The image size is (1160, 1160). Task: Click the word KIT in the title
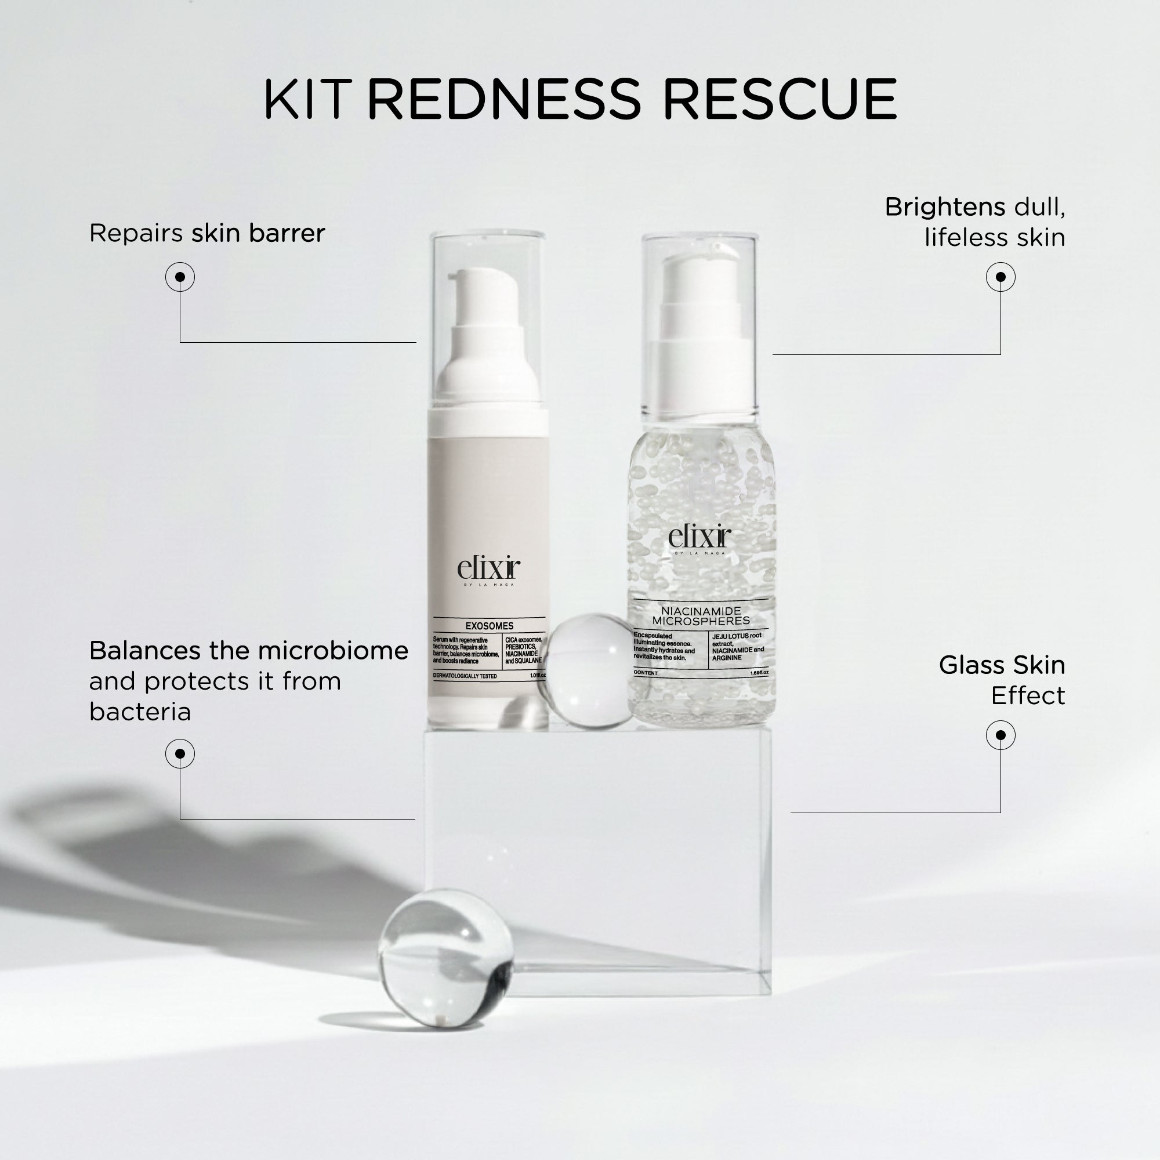coord(307,99)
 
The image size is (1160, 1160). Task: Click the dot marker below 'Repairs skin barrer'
coord(180,277)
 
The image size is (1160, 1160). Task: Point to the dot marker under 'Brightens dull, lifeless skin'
coord(1000,277)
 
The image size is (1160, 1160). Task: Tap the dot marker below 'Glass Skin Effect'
coord(1000,735)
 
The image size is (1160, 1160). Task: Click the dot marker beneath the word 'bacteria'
coord(180,753)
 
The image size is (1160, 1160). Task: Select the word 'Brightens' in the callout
coord(944,207)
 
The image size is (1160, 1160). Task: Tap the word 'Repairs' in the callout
coord(136,233)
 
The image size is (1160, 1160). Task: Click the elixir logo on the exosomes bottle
coord(488,570)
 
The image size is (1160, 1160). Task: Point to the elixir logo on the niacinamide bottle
coord(699,538)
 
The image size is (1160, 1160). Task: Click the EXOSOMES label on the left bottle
coord(490,626)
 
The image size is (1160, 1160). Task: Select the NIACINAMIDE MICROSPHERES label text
coord(701,615)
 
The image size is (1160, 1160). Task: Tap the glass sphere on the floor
coord(445,957)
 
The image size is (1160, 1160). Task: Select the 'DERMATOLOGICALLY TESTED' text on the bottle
coord(465,676)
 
